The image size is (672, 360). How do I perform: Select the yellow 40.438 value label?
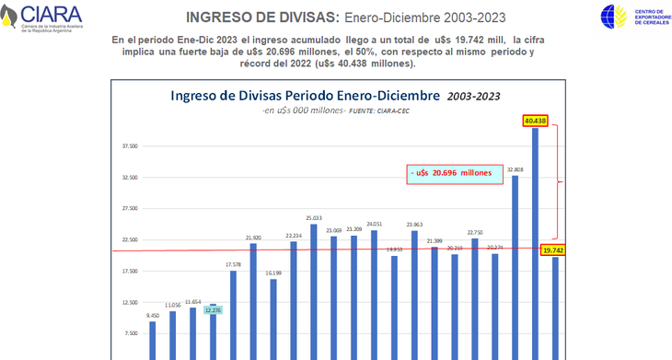[x=535, y=121]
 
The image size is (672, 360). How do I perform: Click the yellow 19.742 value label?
[x=553, y=250]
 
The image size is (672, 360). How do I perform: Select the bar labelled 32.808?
[x=516, y=267]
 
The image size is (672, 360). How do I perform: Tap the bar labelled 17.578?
[x=234, y=313]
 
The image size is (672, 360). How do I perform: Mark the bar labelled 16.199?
[x=273, y=318]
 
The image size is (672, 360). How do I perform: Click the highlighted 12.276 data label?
[x=214, y=310]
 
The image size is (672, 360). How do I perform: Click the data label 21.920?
[x=253, y=238]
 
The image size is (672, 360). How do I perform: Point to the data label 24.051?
[x=374, y=224]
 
